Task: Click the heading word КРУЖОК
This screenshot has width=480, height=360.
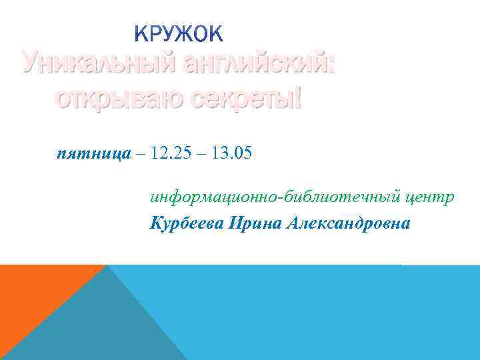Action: [179, 33]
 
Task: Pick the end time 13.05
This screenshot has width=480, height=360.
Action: [229, 155]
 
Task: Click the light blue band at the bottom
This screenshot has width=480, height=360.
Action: [333, 313]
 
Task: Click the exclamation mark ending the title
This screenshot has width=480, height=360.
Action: [298, 99]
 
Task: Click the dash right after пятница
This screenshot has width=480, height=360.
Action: [140, 155]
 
